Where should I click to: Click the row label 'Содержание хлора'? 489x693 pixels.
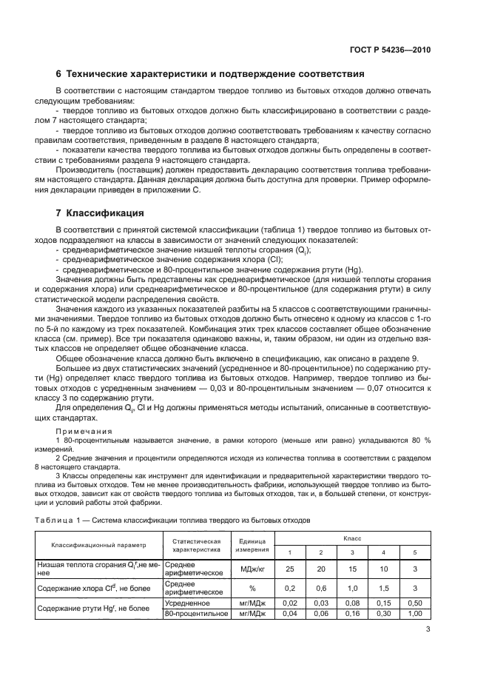[84, 588]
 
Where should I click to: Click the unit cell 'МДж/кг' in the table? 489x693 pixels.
[252, 569]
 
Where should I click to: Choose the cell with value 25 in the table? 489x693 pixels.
[290, 569]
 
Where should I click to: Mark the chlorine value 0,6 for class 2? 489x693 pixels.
[320, 588]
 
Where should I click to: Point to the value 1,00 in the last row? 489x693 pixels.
[414, 614]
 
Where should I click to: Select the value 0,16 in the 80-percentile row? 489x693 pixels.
[351, 614]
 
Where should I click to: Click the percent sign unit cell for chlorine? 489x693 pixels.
[252, 588]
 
